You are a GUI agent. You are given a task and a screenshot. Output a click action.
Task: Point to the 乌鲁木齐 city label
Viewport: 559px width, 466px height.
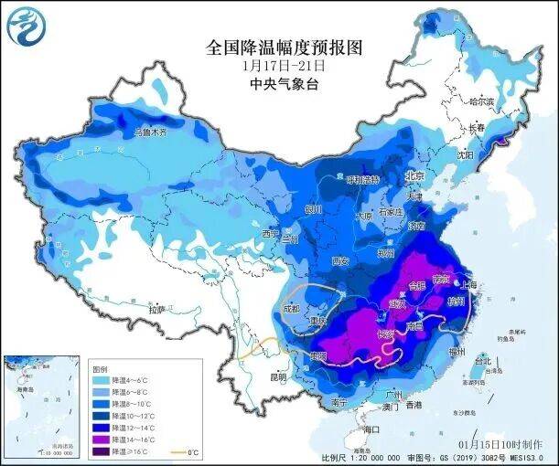click(x=151, y=132)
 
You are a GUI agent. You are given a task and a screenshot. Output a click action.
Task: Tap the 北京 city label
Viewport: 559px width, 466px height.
click(x=415, y=175)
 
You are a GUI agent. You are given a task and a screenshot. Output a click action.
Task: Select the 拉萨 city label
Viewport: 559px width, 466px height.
click(x=157, y=309)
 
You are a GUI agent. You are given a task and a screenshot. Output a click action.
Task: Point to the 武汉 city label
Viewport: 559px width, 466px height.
click(x=397, y=302)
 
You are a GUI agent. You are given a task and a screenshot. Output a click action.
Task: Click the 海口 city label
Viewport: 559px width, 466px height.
click(x=371, y=429)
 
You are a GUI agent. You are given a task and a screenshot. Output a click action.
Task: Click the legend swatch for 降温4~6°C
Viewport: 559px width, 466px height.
click(x=102, y=378)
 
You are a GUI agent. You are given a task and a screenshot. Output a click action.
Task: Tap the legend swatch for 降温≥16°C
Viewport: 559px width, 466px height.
click(x=102, y=451)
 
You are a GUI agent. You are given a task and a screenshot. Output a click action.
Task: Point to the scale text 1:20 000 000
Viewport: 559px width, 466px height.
click(x=370, y=457)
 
